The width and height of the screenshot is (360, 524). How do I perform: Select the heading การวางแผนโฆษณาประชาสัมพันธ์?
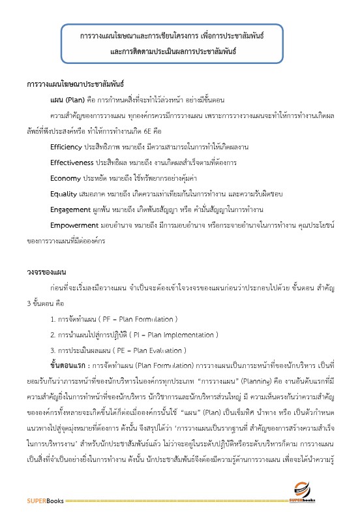click(x=76, y=85)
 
